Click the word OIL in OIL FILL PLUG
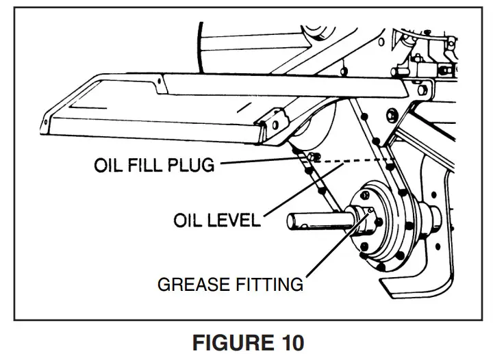click(109, 166)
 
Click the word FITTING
click(270, 283)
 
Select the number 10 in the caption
click(288, 342)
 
